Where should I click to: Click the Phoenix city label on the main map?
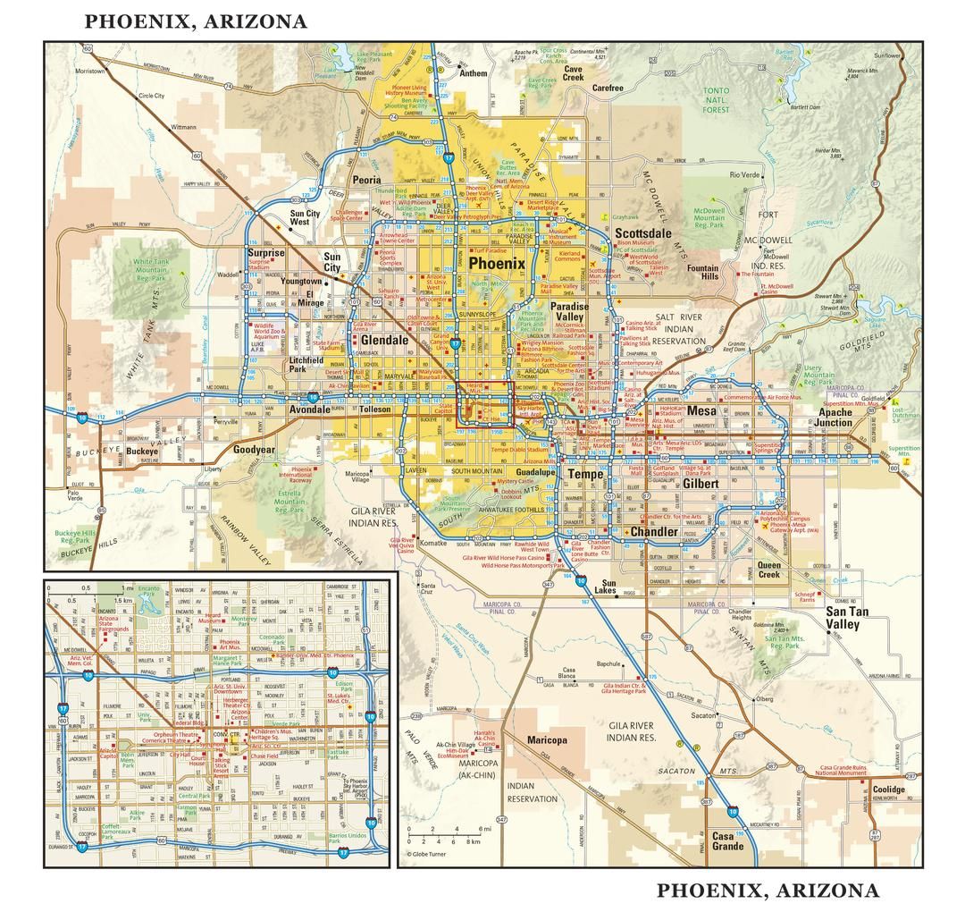pyautogui.click(x=497, y=264)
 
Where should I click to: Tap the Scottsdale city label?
pyautogui.click(x=642, y=233)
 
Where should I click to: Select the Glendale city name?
pyautogui.click(x=384, y=340)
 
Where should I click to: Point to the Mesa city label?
pyautogui.click(x=701, y=410)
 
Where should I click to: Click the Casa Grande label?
pyautogui.click(x=727, y=841)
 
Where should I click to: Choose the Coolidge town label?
pyautogui.click(x=888, y=790)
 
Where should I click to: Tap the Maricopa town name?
pyautogui.click(x=547, y=740)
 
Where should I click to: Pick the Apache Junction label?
pyautogui.click(x=835, y=418)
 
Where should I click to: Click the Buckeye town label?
pyautogui.click(x=141, y=452)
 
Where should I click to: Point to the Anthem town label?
pyautogui.click(x=474, y=73)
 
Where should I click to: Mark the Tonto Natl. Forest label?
pyautogui.click(x=716, y=99)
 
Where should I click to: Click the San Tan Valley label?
pyautogui.click(x=842, y=618)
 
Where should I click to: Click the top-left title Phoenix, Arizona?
pyautogui.click(x=196, y=21)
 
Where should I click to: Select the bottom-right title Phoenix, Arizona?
pyautogui.click(x=768, y=891)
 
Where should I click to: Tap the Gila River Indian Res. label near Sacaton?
pyautogui.click(x=632, y=731)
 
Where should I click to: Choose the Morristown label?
pyautogui.click(x=90, y=70)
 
